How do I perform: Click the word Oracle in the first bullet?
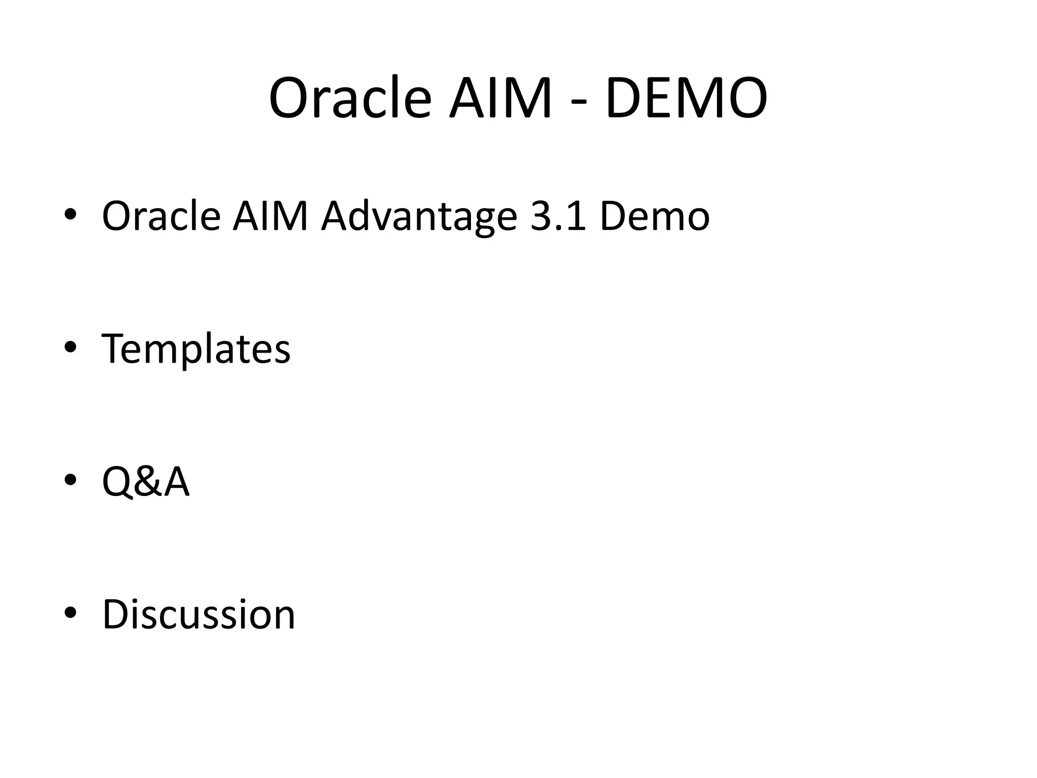(x=161, y=216)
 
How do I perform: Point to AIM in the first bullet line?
(x=270, y=216)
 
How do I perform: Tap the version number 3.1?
(x=557, y=216)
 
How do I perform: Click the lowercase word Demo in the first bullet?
(x=654, y=216)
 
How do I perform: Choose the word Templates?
(x=196, y=349)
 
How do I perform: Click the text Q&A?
(x=145, y=482)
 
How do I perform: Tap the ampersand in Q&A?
(x=146, y=482)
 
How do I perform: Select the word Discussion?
(x=198, y=614)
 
